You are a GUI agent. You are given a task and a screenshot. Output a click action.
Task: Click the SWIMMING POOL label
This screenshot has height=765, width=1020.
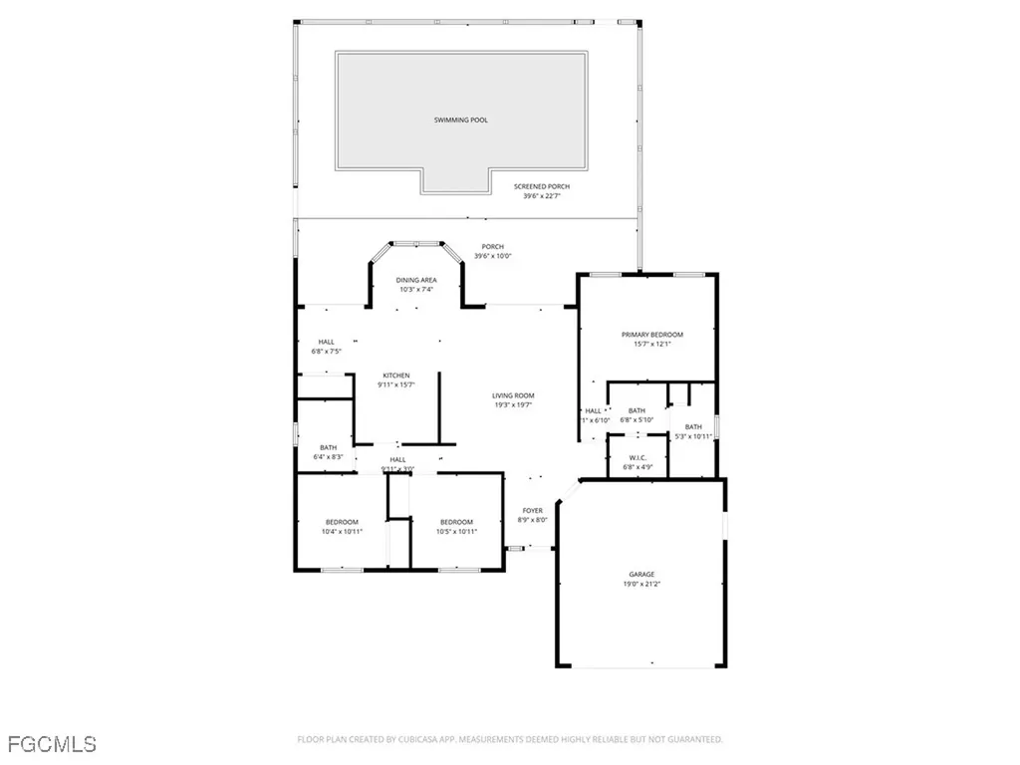461,121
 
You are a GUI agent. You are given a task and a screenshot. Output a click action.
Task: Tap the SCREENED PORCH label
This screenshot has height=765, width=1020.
542,186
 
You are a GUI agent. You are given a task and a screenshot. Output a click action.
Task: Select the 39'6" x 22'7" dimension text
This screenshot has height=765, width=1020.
542,196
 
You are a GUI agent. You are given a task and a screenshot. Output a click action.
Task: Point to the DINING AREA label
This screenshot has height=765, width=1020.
416,280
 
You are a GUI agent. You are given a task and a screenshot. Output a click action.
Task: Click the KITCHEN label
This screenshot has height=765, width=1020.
395,376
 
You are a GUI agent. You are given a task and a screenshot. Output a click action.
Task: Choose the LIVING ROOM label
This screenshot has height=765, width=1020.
513,395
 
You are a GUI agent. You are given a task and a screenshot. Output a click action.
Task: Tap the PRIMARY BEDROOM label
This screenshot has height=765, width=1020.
652,335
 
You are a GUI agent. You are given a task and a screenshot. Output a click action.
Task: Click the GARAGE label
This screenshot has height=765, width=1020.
641,574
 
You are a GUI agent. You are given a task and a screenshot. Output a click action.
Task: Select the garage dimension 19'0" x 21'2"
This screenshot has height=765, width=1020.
641,584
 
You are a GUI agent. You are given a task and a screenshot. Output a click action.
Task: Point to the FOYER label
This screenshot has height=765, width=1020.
533,510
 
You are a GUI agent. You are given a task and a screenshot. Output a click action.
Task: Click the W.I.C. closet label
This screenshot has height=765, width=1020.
636,458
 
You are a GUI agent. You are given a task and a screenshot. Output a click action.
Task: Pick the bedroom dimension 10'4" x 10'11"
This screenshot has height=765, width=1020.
342,532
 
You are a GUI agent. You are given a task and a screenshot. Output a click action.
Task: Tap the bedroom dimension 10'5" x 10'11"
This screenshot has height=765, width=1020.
456,532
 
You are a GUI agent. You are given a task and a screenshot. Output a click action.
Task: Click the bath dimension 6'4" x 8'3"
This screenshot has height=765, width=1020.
329,456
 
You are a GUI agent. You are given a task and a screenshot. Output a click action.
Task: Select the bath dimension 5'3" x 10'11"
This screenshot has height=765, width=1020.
693,436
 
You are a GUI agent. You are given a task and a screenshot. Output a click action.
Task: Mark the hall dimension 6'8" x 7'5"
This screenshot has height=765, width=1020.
326,351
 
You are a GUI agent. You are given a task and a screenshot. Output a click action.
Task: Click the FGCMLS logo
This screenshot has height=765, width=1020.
50,743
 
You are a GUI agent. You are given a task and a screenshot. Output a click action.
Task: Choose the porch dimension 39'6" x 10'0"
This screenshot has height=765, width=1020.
492,257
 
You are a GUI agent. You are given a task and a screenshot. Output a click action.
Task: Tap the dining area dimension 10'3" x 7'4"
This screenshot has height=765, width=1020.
416,290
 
